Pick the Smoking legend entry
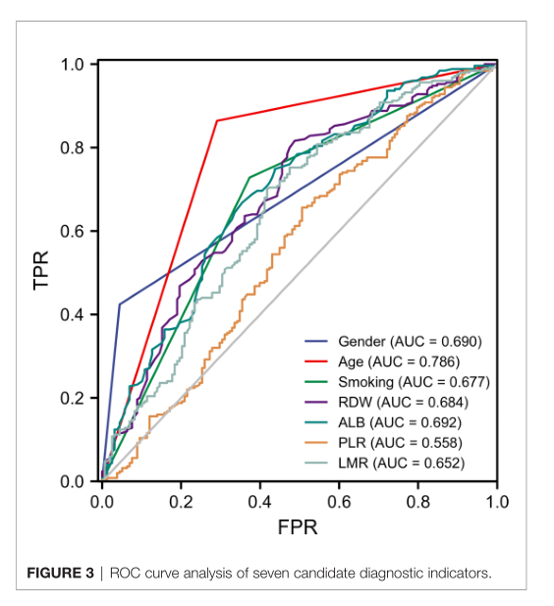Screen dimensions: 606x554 (414, 382)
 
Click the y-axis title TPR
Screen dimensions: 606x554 (40, 272)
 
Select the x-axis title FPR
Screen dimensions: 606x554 (297, 527)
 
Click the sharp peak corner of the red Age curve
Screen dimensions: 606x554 (216, 120)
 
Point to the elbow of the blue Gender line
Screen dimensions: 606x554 (119, 303)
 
